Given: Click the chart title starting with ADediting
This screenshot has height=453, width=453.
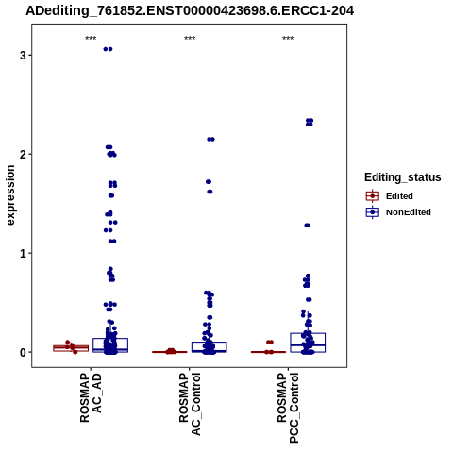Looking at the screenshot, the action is tap(190, 10).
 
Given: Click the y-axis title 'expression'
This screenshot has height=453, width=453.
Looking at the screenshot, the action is tap(10, 195).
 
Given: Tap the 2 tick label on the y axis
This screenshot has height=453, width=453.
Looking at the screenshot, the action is tap(23, 154).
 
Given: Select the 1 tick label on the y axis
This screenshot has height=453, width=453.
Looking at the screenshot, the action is tap(23, 253).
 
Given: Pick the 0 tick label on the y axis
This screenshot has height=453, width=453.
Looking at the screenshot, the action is tap(23, 352).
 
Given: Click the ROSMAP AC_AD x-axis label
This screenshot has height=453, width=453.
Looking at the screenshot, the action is tap(91, 397).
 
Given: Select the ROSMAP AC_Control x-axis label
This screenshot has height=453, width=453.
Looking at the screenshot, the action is tap(190, 404).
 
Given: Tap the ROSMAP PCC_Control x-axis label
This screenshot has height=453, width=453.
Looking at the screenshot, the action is tap(288, 408).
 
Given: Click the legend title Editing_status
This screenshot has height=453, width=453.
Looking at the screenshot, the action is tap(403, 177).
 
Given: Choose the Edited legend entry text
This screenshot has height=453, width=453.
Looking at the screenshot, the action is tap(399, 196).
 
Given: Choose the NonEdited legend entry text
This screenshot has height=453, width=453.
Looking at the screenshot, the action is tap(409, 212).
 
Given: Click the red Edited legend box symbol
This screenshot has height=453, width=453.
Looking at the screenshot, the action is tap(373, 196).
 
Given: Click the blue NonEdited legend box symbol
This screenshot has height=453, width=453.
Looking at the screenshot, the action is tap(373, 212).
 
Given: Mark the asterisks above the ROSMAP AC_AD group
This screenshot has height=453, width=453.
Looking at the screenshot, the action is tap(91, 39).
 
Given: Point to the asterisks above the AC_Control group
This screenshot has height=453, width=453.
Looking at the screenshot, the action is tap(190, 39).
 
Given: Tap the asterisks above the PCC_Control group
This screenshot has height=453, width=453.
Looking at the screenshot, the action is tap(288, 39).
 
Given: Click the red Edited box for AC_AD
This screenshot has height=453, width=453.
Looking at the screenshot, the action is tap(71, 348).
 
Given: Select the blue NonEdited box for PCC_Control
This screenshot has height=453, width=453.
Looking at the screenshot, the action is tap(308, 343).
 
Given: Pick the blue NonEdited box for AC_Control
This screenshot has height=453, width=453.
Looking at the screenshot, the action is tap(210, 347).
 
